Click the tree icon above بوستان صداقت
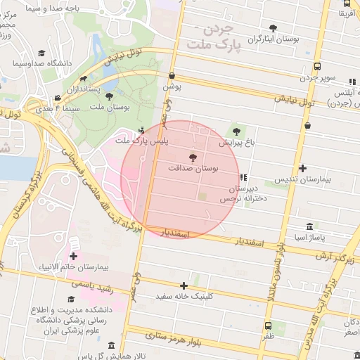[193, 157]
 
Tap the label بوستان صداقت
[193, 169]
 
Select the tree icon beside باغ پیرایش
[237, 131]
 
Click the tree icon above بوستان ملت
[108, 96]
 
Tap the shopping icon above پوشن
[172, 76]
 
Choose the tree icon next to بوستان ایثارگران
[273, 28]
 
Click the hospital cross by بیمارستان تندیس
[302, 168]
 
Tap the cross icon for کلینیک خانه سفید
[184, 285]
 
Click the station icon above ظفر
[268, 326]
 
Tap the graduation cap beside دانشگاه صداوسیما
[42, 53]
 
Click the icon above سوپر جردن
[317, 67]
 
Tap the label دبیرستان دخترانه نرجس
[243, 194]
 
